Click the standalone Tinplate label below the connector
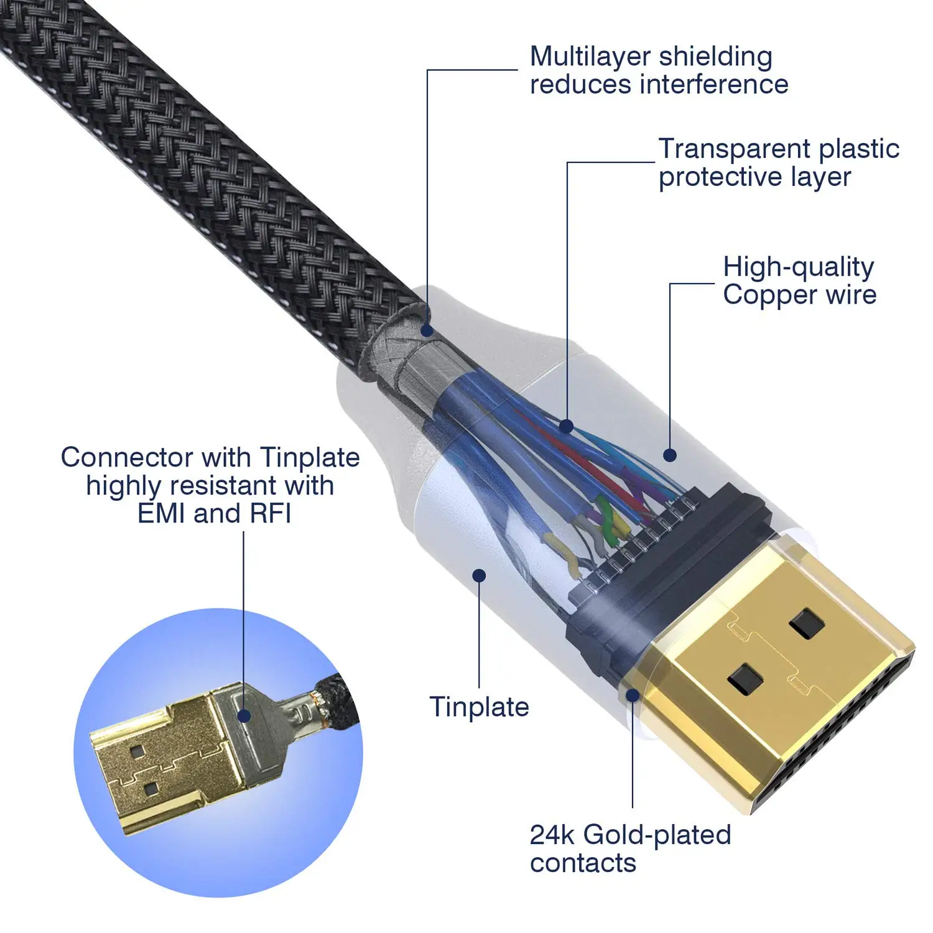click(479, 707)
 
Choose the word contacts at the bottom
click(583, 863)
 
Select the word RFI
click(271, 514)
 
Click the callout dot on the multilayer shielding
click(427, 330)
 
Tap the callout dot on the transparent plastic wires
click(566, 427)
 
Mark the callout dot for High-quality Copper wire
click(669, 455)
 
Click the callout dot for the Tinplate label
click(479, 575)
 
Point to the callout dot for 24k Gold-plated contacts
click(632, 695)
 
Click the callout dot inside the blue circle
click(244, 716)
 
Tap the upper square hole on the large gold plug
click(806, 623)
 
